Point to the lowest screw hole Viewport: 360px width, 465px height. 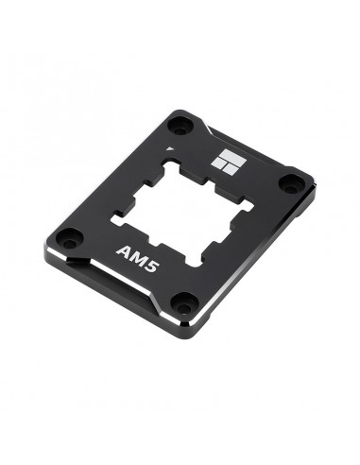point(185,302)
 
